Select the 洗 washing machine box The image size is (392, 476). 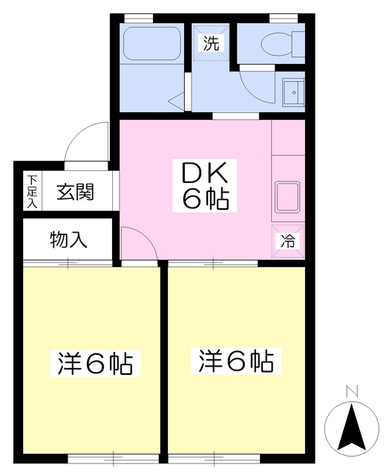click(x=212, y=42)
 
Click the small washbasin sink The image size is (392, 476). click(x=293, y=92)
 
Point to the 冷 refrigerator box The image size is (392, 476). click(x=287, y=239)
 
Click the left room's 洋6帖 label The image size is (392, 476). click(x=95, y=364)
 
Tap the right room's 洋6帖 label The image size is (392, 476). click(x=236, y=362)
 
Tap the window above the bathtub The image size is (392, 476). click(x=139, y=16)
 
